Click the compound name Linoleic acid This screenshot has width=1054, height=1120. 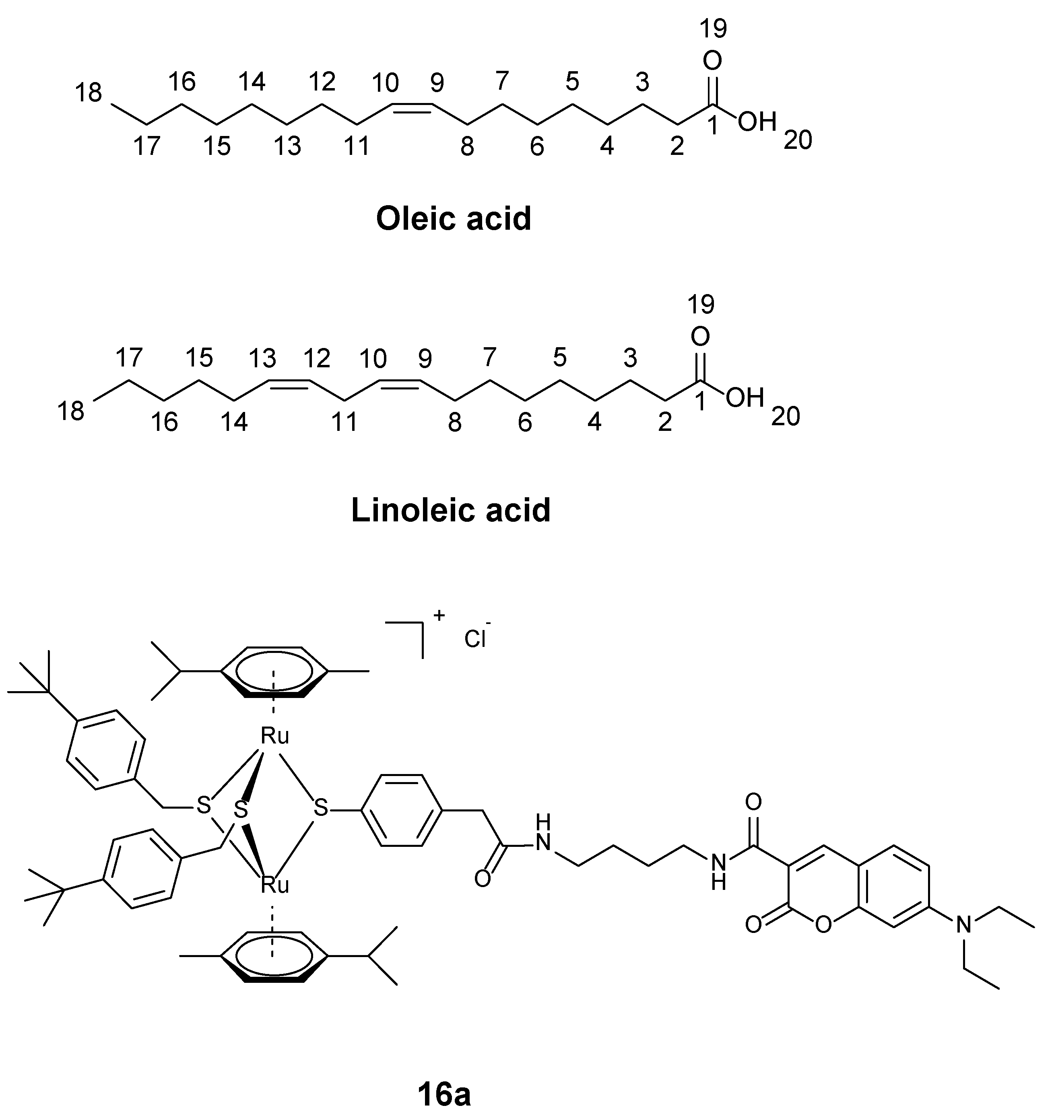point(450,511)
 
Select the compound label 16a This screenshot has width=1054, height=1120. point(444,1093)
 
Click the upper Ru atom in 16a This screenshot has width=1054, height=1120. point(274,736)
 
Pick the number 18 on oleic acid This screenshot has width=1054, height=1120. point(89,93)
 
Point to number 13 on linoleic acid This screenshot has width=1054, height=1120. point(263,358)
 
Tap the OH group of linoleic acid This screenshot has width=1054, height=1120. point(745,398)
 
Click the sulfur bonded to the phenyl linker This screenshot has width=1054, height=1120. point(321,809)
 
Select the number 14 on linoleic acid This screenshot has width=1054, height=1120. point(234,422)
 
